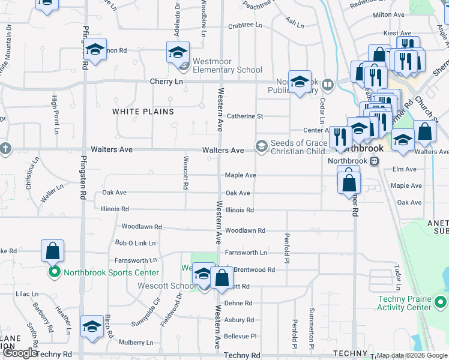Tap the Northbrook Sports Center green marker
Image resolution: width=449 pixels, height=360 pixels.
(53, 272)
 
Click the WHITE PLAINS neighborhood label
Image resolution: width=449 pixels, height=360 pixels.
(143, 112)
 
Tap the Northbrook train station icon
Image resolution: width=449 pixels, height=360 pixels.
(374, 161)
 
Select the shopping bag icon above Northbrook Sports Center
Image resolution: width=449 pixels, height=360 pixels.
(53, 250)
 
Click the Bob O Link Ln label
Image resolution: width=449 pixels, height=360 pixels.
(135, 243)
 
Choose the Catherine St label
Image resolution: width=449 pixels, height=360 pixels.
(244, 116)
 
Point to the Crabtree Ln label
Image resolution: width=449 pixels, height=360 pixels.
(245, 25)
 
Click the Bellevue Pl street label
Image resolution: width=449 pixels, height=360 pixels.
(240, 337)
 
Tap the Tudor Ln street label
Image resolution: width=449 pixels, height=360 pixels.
(397, 274)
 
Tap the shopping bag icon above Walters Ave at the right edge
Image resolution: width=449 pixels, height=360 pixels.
(424, 133)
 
